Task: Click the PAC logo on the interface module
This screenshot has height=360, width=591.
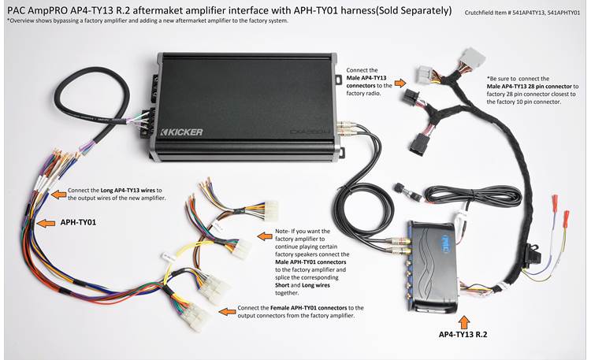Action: pyautogui.click(x=443, y=236)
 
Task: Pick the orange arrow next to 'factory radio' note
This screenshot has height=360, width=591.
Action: pyautogui.click(x=400, y=82)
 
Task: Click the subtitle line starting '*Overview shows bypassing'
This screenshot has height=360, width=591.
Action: pyautogui.click(x=147, y=20)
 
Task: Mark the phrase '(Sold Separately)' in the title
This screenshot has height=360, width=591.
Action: pyautogui.click(x=407, y=12)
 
